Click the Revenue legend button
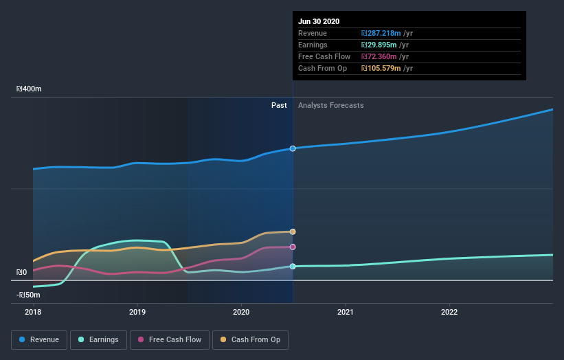point(40,339)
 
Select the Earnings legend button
point(99,339)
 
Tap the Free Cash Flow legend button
point(169,339)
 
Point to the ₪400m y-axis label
point(30,89)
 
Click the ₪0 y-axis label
point(21,273)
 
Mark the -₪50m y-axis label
point(28,295)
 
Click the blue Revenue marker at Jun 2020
point(293,148)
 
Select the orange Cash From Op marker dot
point(293,232)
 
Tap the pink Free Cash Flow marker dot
point(293,247)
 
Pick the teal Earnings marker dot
point(293,266)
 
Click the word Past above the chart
point(279,105)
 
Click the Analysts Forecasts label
point(331,105)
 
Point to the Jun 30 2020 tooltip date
point(319,21)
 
